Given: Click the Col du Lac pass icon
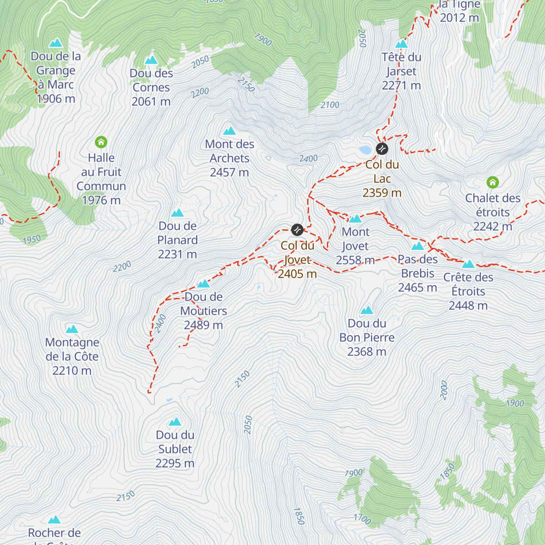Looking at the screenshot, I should pos(382,149).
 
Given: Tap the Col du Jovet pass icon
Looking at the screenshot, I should pos(297,230).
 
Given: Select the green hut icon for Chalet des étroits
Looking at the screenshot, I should pos(492,183).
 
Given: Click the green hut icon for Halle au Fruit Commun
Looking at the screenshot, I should pos(101,143).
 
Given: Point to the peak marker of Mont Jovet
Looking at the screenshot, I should pos(356,219).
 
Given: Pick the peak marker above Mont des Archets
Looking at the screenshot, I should pos(229,131).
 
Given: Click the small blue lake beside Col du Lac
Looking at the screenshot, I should pos(365,149).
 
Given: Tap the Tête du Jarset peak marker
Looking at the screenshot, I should pos(401,44).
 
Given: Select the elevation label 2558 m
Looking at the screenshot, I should pos(355,260).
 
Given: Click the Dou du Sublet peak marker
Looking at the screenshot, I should pos(175,422).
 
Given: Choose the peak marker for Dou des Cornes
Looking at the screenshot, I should pos(151,60).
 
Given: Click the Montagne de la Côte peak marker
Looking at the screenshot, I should pos(72,329).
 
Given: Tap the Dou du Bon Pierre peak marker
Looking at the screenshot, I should pos(367,311).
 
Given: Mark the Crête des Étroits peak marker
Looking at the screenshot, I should pos(468,264).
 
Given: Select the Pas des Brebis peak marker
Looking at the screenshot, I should pos(417,247).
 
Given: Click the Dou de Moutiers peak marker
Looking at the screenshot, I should pos(203,284).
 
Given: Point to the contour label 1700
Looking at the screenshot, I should pos(362,518).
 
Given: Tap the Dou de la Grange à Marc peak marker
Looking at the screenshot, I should pos(56,43).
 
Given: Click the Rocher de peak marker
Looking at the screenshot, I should pos(54,520).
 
